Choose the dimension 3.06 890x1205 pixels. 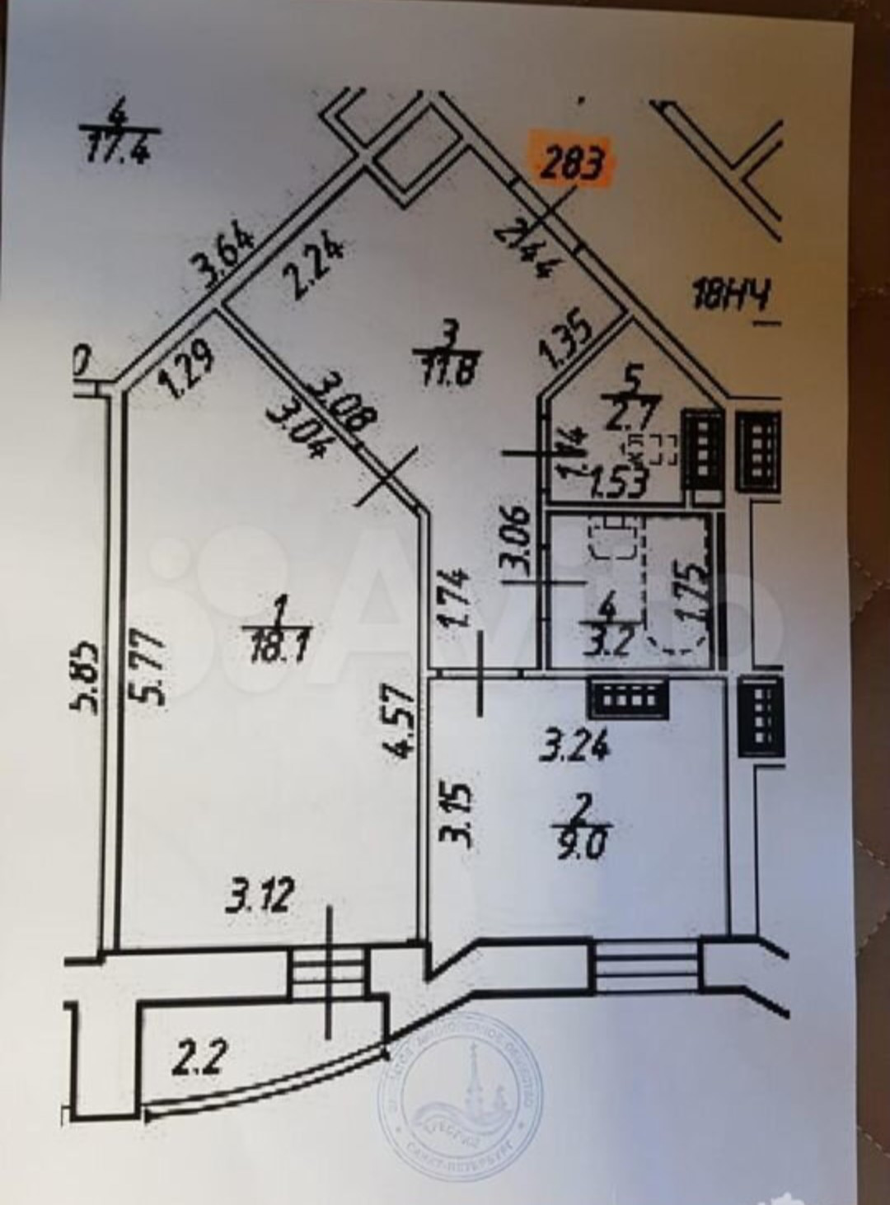[x=518, y=541]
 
